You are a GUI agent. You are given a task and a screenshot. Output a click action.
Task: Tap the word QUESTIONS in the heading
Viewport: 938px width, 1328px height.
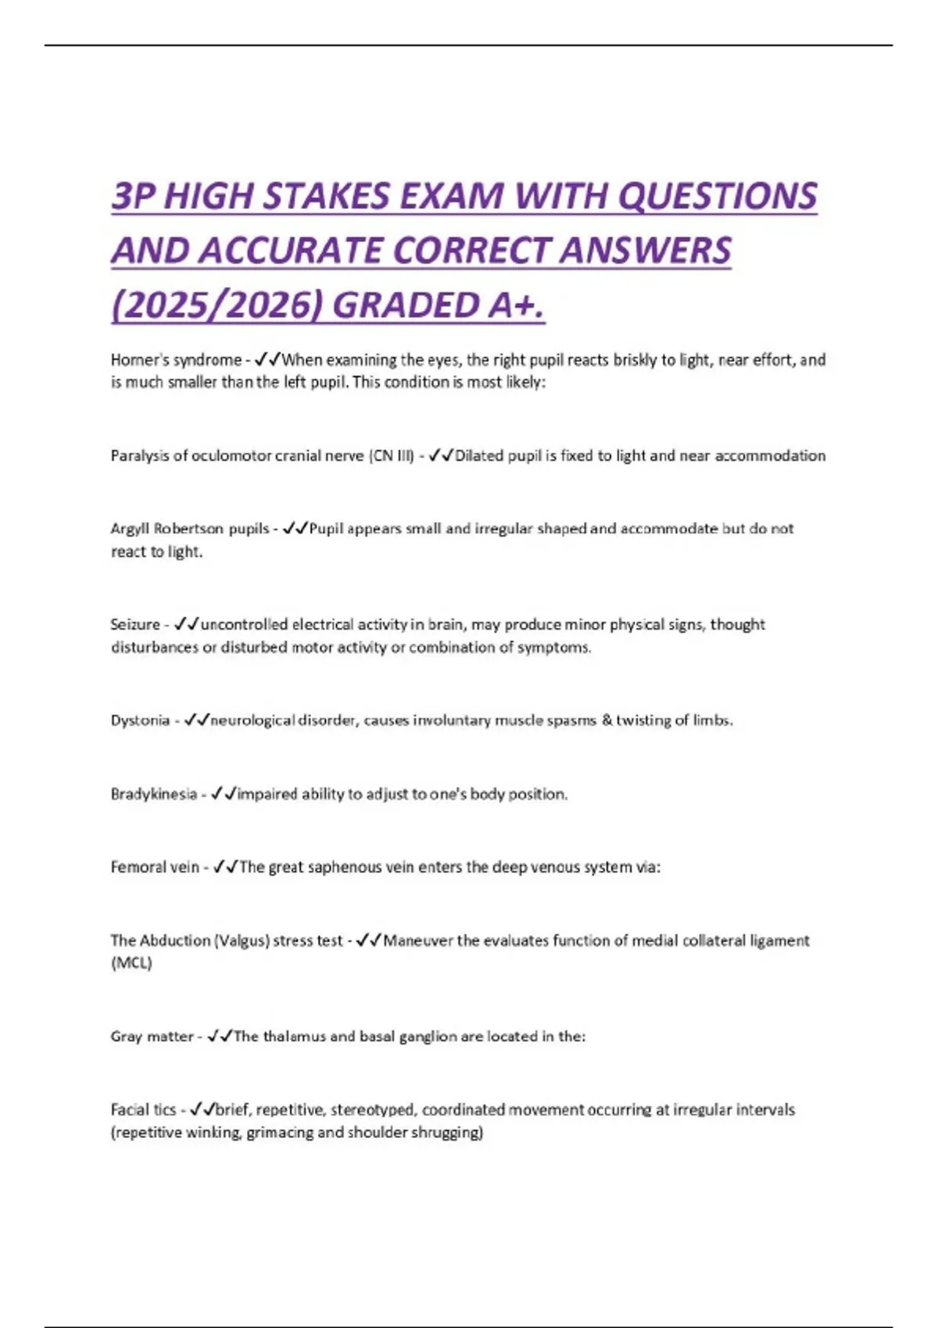point(718,195)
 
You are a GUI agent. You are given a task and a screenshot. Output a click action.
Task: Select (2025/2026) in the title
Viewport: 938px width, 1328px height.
point(217,305)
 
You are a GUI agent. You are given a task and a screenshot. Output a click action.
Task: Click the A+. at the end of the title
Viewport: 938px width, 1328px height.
point(517,305)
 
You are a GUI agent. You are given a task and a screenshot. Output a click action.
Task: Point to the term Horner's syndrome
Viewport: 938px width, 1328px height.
point(176,360)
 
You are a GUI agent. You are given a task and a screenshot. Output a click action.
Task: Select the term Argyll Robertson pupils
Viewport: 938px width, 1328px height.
point(190,529)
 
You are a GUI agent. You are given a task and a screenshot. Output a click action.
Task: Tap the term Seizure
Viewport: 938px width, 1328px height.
point(135,625)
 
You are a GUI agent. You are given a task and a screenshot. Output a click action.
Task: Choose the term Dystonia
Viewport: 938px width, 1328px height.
point(140,720)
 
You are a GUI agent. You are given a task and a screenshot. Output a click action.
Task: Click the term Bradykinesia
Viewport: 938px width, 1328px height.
point(153,794)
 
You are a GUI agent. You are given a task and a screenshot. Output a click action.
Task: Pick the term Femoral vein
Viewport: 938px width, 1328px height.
point(155,867)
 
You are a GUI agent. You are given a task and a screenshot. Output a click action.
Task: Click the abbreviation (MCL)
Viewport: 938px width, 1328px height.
point(131,963)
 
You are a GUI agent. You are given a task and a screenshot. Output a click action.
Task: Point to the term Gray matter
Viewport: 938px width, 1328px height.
point(152,1037)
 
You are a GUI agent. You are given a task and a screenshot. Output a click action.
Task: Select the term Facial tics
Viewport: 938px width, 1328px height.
point(143,1110)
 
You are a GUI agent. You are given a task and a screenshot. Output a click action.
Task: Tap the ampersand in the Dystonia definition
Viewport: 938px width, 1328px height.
point(607,720)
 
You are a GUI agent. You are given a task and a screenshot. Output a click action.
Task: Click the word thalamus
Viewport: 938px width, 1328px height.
point(294,1037)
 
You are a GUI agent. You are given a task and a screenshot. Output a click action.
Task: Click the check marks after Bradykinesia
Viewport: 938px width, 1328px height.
point(224,794)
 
